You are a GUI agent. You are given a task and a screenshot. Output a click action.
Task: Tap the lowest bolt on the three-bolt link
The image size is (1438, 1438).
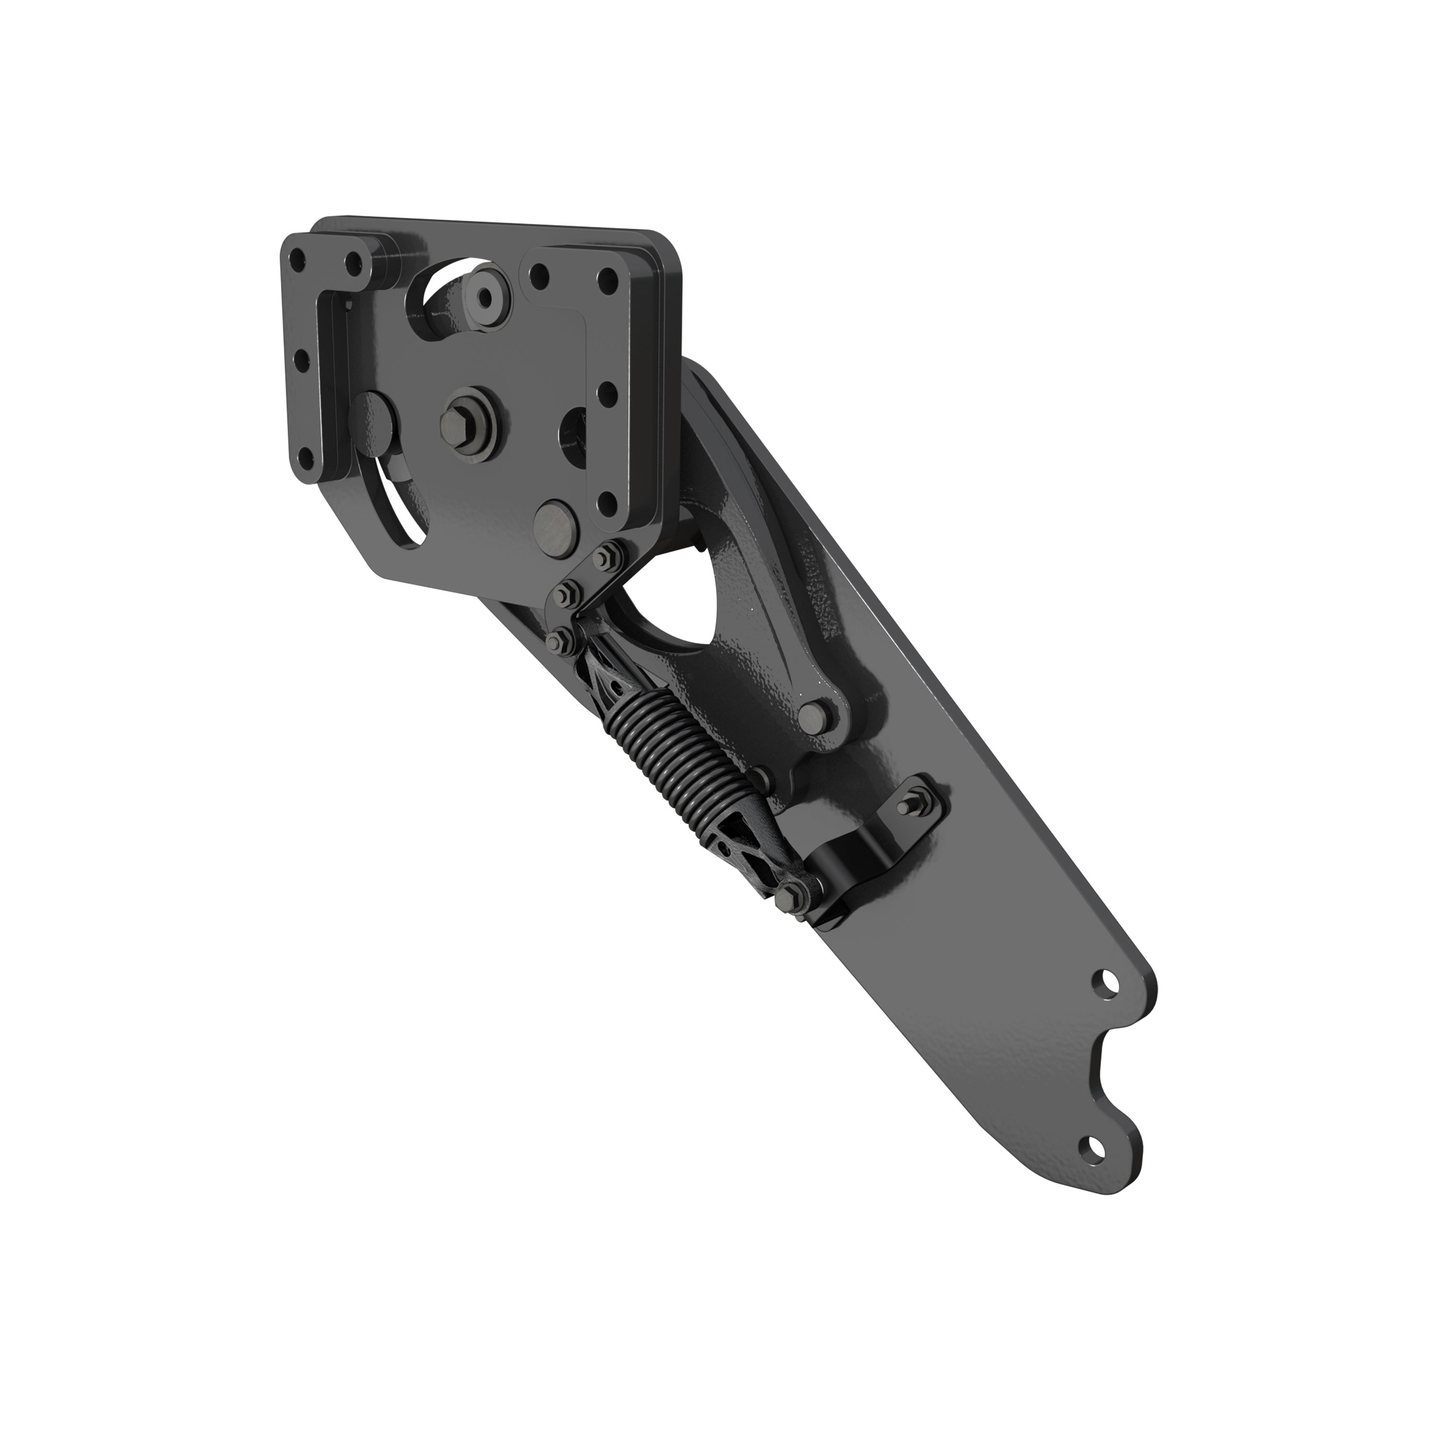pyautogui.click(x=556, y=638)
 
